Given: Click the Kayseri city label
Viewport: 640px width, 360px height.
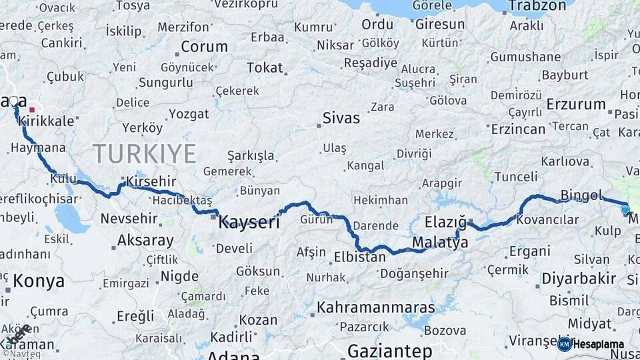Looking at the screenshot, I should click(249, 223).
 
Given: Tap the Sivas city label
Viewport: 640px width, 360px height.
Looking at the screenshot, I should click(341, 119).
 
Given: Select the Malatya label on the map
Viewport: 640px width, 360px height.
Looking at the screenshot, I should click(440, 243).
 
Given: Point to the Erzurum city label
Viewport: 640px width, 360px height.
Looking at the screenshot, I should click(576, 105).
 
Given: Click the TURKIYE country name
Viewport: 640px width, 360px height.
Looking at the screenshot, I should click(144, 153).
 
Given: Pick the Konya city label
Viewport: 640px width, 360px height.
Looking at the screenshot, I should click(39, 281).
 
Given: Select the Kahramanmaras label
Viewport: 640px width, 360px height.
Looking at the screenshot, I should click(376, 308).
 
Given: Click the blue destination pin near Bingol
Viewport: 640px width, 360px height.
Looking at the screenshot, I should click(625, 209).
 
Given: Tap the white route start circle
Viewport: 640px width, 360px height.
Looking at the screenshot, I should click(13, 101).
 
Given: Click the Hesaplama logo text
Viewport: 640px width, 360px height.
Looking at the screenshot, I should click(598, 345).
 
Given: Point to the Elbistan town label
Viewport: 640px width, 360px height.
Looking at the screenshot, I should click(359, 257).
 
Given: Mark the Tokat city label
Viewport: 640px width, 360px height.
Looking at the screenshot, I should click(265, 68).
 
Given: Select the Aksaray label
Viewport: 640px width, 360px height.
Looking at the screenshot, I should click(145, 240).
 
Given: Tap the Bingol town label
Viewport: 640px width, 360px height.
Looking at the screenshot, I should click(581, 195).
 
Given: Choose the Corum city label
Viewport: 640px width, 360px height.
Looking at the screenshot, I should click(204, 47).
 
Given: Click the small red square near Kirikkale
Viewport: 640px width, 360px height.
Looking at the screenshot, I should click(32, 109).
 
